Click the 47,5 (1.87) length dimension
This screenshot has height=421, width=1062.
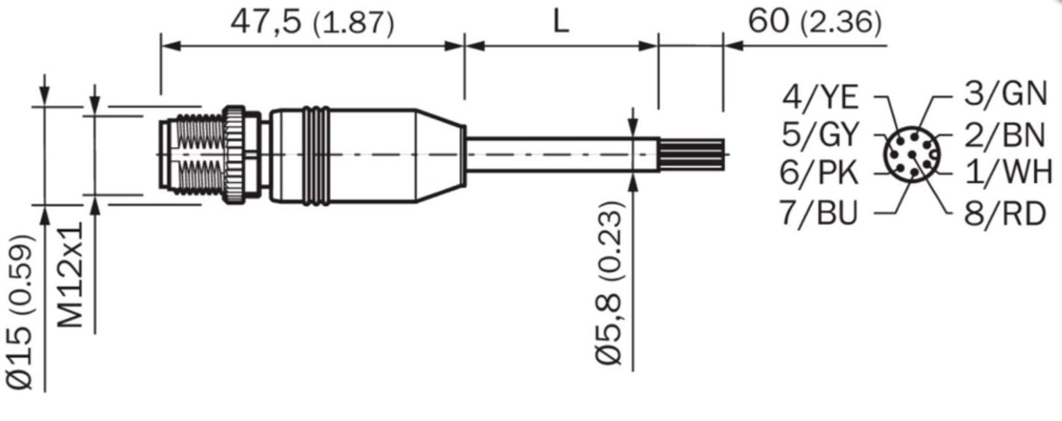tap(311, 23)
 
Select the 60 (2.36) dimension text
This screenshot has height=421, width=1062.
tap(814, 23)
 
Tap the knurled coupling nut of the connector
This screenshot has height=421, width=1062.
tap(235, 155)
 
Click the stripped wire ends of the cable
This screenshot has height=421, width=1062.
tap(691, 155)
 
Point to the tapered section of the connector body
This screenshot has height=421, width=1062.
tap(437, 155)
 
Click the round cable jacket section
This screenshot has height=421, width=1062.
tap(560, 155)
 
